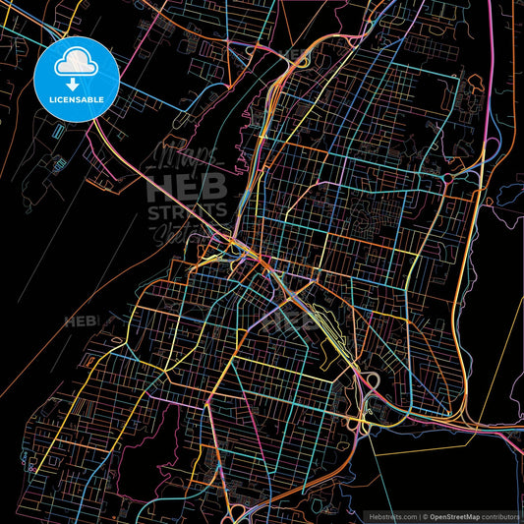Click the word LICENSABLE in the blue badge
[77, 99]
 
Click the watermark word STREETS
[187, 211]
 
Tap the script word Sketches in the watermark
[187, 232]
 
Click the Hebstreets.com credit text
[392, 516]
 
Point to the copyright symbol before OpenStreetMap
[426, 516]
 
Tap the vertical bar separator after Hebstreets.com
[419, 516]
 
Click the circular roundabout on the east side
[447, 177]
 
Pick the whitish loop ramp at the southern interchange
[373, 379]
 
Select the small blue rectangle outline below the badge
[58, 130]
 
